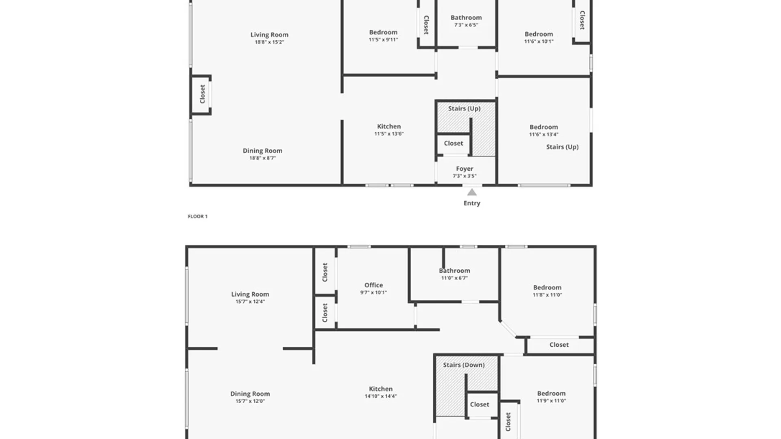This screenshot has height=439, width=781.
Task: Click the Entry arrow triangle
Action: [472, 192]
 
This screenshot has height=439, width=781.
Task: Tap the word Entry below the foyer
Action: [472, 203]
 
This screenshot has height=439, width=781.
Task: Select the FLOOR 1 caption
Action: [198, 216]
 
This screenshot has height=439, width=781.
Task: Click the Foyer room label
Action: [465, 169]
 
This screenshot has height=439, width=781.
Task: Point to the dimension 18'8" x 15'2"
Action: [269, 42]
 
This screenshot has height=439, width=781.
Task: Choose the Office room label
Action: [373, 285]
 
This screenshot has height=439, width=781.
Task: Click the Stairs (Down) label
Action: [464, 365]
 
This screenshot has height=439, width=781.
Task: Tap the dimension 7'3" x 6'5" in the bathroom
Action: [466, 25]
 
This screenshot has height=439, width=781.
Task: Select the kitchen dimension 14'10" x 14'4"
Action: [381, 396]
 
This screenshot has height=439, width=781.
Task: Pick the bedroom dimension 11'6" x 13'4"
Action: [544, 134]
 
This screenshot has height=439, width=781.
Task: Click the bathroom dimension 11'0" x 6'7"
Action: [454, 278]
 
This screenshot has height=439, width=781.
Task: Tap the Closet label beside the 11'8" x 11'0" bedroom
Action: [559, 345]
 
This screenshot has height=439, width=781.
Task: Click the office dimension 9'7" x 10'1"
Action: [373, 292]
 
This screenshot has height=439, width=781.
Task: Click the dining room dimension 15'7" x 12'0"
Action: [250, 401]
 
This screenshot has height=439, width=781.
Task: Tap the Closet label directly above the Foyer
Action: [454, 143]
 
